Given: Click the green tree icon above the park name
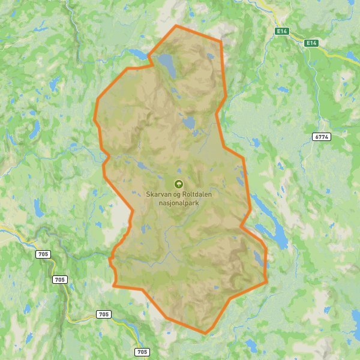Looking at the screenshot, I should pyautogui.click(x=178, y=184).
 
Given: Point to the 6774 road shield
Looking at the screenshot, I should pyautogui.click(x=322, y=137).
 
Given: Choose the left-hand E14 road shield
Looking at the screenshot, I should pyautogui.click(x=282, y=31).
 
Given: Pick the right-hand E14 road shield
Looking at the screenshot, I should pyautogui.click(x=310, y=43).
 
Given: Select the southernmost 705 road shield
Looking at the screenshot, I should pyautogui.click(x=142, y=352).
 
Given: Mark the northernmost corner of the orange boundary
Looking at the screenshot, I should pyautogui.click(x=176, y=26).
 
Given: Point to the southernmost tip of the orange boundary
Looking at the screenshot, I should pyautogui.click(x=205, y=333).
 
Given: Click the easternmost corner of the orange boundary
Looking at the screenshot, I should pyautogui.click(x=266, y=281).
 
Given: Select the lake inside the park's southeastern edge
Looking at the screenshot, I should pyautogui.click(x=257, y=258).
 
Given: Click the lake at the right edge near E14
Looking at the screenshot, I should pyautogui.click(x=352, y=56).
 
